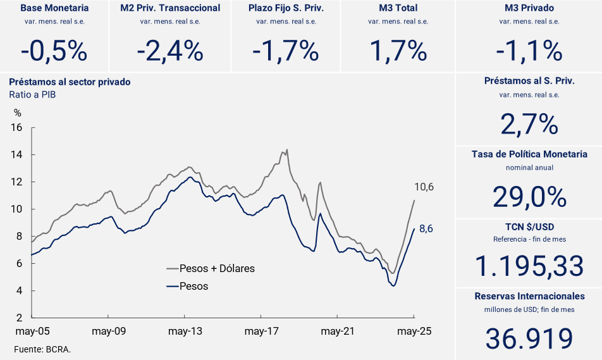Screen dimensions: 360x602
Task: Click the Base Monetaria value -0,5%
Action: tap(54, 51)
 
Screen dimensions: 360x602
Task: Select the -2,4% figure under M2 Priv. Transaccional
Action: tap(170, 51)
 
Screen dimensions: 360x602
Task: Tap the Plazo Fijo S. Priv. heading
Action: tap(286, 8)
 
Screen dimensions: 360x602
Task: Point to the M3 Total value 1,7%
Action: tap(398, 51)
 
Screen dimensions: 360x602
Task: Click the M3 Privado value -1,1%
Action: tap(529, 51)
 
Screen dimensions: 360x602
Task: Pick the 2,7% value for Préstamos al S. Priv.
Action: tap(529, 124)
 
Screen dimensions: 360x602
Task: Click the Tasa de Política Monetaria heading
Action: tap(529, 154)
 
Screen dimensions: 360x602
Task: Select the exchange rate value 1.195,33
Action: tap(529, 266)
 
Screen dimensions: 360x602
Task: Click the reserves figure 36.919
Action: tap(529, 338)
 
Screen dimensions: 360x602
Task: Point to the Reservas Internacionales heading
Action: tap(529, 296)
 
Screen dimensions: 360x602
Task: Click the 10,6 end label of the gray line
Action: tap(424, 187)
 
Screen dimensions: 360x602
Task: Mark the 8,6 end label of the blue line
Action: tap(426, 229)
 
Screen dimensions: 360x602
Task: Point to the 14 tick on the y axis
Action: tap(17, 155)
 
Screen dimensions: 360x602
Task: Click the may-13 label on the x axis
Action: tap(185, 331)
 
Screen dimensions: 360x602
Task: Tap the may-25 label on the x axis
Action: tap(414, 331)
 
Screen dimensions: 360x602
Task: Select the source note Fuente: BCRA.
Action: tap(42, 349)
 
